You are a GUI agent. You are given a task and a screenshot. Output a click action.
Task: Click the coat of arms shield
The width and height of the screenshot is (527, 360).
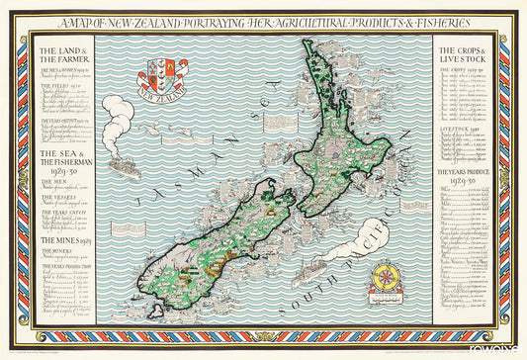[x=163, y=73]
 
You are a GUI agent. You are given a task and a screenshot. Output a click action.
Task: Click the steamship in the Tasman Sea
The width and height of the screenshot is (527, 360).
[x=124, y=164]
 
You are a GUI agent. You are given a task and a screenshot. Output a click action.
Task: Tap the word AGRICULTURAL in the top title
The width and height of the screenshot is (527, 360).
[x=279, y=22]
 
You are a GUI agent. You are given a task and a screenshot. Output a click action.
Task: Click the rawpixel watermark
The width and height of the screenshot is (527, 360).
[x=505, y=347]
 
